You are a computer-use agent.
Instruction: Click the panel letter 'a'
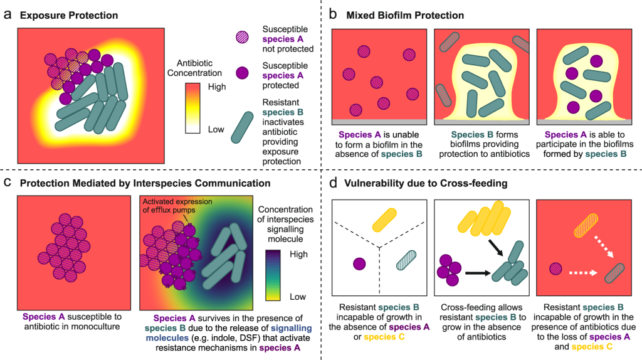[x=8, y=14]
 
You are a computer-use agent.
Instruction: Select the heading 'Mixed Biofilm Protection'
[x=405, y=14]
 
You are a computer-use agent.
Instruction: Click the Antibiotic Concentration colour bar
[x=193, y=109]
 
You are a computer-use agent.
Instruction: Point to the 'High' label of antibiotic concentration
[x=217, y=87]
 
